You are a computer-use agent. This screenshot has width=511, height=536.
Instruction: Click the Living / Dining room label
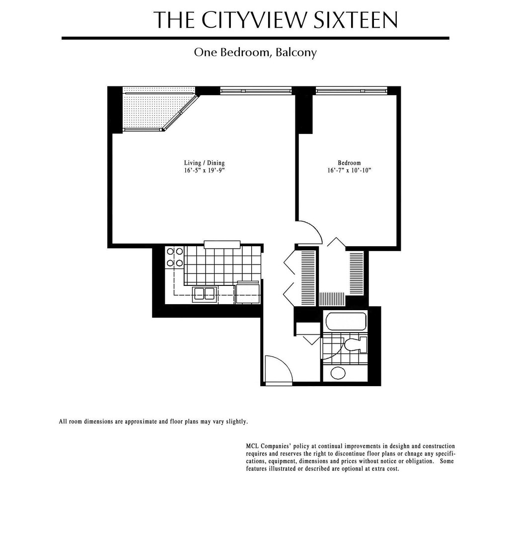[x=204, y=163]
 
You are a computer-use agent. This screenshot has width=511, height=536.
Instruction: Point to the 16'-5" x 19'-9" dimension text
[x=204, y=170]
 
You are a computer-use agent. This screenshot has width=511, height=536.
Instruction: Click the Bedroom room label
[x=349, y=163]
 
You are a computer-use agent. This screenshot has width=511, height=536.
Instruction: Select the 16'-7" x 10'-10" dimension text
[x=349, y=170]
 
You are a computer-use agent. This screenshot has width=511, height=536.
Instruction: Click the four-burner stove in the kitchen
[x=174, y=257]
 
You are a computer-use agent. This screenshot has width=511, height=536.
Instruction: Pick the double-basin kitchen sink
[x=204, y=294]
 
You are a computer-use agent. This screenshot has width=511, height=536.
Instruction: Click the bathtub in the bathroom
[x=346, y=321]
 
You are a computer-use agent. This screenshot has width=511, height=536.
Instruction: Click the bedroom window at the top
[x=351, y=91]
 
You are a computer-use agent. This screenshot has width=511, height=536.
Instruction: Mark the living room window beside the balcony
[x=256, y=91]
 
